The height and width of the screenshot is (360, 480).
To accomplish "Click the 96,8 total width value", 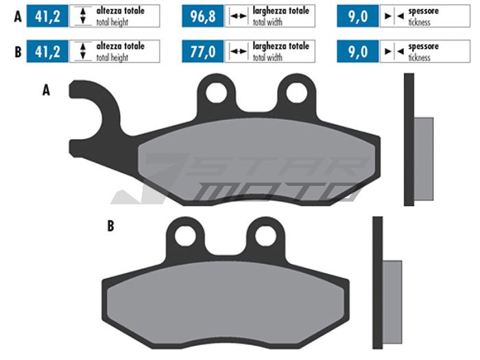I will click(203, 16).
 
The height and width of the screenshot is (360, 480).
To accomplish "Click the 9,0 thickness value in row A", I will click(358, 16).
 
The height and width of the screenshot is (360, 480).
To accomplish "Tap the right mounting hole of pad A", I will click(296, 92).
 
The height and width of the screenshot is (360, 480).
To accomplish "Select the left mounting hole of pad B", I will click(186, 235).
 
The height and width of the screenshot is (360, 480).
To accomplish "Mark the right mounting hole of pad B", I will click(265, 235).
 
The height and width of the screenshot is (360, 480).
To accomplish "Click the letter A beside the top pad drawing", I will click(46, 90).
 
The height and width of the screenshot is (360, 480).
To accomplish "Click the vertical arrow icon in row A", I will click(82, 16).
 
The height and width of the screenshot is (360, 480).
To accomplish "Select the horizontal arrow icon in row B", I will click(238, 51).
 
